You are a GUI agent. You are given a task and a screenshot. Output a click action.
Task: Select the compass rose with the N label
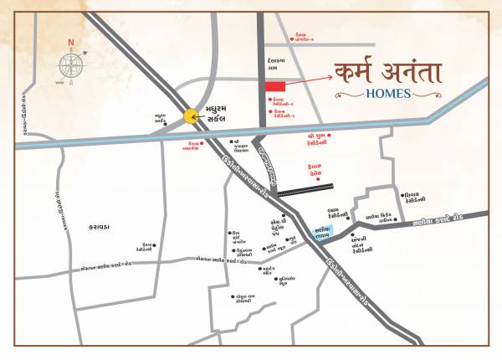(71, 65)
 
